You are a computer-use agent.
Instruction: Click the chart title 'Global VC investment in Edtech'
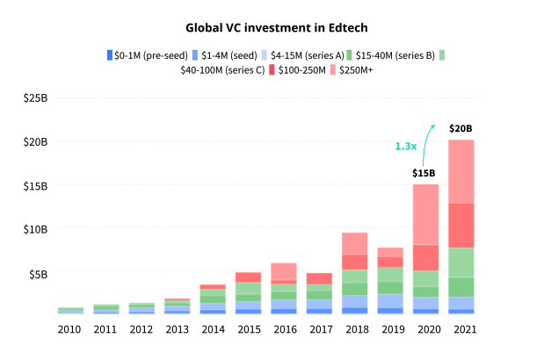275,27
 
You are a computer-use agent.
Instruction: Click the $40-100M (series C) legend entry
223,70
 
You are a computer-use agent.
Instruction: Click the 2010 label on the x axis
69,329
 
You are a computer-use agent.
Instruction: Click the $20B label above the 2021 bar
461,129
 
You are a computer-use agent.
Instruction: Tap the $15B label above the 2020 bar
425,173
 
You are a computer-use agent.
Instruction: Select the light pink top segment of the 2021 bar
461,171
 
